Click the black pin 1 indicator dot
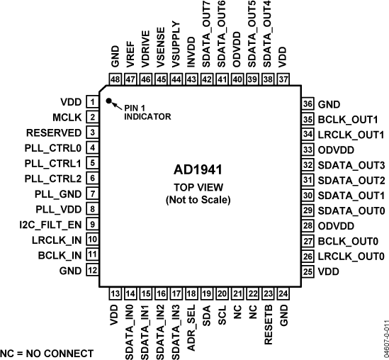tap(109, 101)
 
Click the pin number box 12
tap(92, 271)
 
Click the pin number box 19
tap(207, 293)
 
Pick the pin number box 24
tap(283, 293)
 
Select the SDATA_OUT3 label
tap(351, 164)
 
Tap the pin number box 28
tap(308, 225)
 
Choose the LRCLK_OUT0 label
tap(352, 256)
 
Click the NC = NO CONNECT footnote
tap(47, 352)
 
